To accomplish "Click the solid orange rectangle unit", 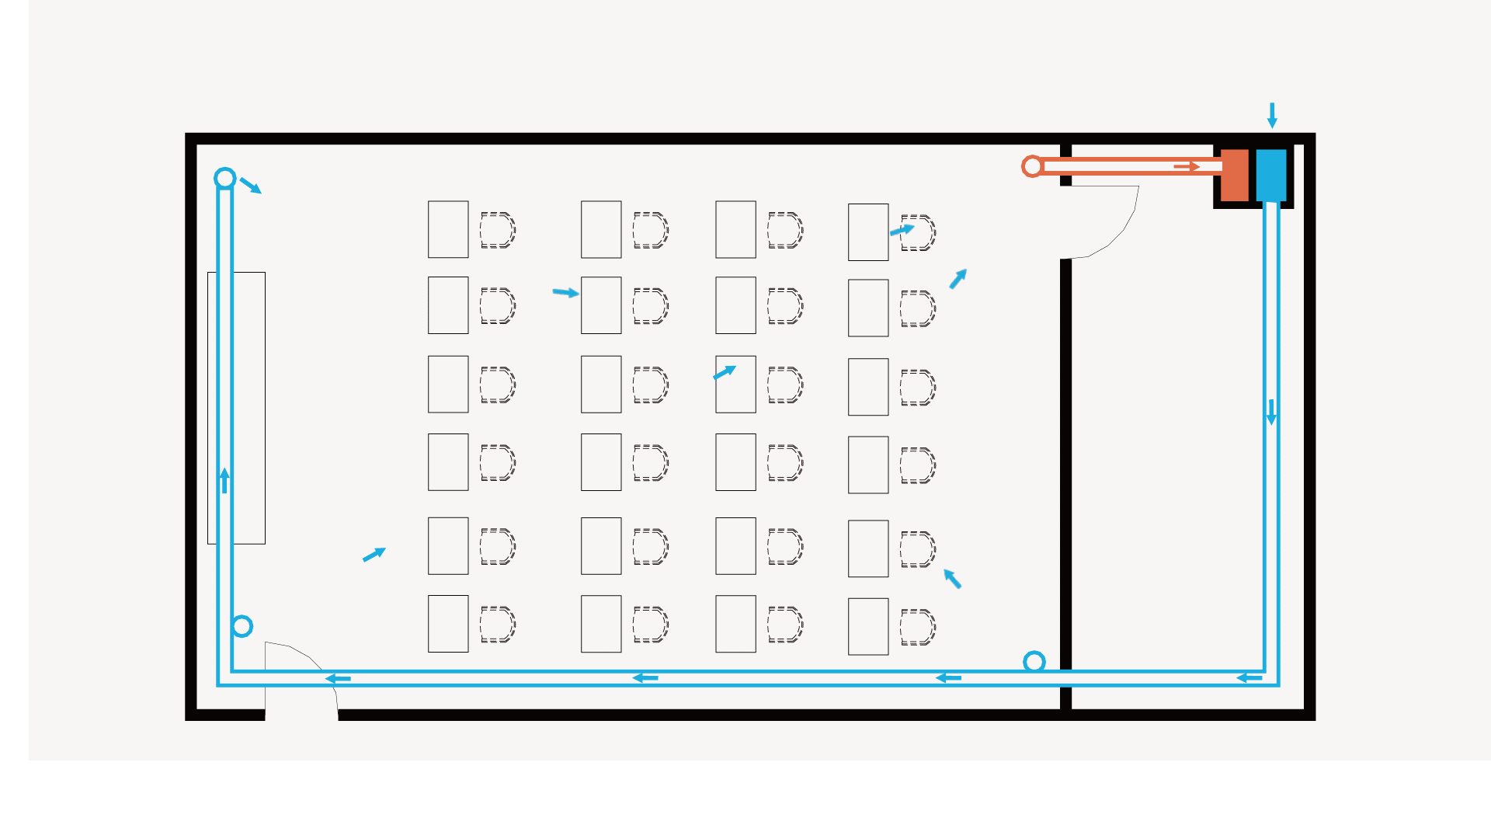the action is (x=1234, y=176).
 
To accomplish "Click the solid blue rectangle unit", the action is (x=1271, y=176).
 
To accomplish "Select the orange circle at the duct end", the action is (x=1032, y=166).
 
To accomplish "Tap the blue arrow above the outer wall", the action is (x=1272, y=115).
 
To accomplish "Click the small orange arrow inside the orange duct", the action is (x=1187, y=166).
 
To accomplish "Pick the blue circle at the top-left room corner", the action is (x=225, y=179).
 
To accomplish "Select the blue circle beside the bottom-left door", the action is (x=242, y=626).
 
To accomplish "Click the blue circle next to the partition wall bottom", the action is (x=1034, y=662).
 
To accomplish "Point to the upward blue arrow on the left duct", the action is (x=224, y=480).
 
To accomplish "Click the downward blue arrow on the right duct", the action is (x=1271, y=412).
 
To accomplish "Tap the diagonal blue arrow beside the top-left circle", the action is (x=250, y=186).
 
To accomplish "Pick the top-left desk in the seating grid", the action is (x=448, y=229).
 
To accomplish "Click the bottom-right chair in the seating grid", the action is (x=917, y=627).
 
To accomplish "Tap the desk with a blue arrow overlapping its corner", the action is (x=735, y=385).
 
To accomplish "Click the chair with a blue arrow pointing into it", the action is (x=918, y=233).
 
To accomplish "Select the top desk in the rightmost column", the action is (x=868, y=232).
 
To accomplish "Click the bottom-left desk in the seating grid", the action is (x=448, y=624).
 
